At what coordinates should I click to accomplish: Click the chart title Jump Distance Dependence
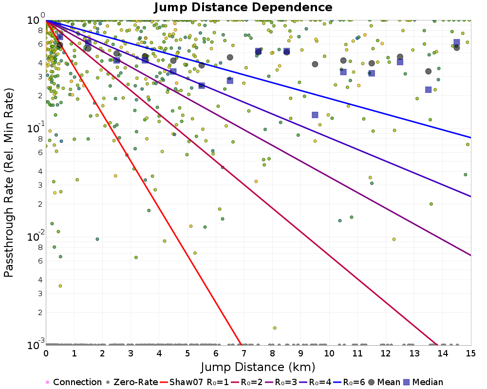(x=243, y=8)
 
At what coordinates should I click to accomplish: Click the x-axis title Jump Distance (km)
(x=258, y=366)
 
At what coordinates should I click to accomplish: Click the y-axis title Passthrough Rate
(x=9, y=182)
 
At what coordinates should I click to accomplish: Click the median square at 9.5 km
(x=315, y=115)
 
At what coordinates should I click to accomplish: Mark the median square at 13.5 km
(x=428, y=89)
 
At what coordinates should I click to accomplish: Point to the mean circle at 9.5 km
(x=315, y=64)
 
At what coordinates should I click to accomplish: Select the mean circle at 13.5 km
(x=428, y=71)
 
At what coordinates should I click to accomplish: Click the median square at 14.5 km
(x=456, y=42)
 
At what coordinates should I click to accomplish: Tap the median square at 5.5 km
(x=202, y=86)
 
